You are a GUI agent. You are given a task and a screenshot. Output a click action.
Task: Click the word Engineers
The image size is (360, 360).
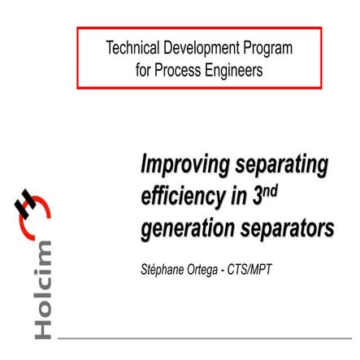[x=236, y=71]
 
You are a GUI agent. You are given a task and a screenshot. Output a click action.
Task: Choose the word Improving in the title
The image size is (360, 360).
[x=184, y=165]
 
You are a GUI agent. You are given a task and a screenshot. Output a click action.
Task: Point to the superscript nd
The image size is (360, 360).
[x=271, y=189]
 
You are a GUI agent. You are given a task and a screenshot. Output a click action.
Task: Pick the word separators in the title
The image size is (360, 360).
[x=288, y=228]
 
